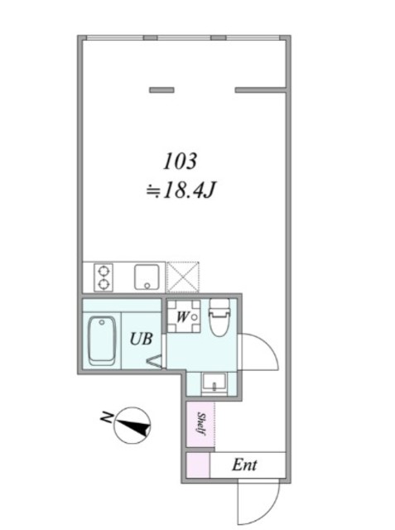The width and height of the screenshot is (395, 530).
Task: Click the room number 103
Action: (180, 161)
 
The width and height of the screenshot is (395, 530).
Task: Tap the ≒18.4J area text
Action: (180, 191)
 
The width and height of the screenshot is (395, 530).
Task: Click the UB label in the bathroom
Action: (142, 339)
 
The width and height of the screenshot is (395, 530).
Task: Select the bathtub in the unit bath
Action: (102, 341)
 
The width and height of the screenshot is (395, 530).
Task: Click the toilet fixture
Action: (219, 317)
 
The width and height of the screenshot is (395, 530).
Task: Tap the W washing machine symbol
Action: (183, 316)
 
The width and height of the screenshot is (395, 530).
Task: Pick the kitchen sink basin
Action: (147, 277)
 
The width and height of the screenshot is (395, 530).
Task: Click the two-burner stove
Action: (104, 277)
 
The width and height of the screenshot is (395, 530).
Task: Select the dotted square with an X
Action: (183, 277)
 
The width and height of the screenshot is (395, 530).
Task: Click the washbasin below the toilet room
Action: (215, 383)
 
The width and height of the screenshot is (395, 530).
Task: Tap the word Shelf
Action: (201, 424)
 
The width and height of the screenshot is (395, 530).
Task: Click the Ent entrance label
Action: (244, 465)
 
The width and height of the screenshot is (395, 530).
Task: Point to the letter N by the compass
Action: (107, 417)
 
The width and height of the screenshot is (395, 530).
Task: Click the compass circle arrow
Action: (132, 426)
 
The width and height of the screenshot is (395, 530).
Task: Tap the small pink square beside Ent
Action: (198, 465)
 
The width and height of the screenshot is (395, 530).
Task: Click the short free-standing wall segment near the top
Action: (161, 90)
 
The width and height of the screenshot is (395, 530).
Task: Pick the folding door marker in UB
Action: (154, 360)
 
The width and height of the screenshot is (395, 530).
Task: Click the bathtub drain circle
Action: (102, 322)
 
